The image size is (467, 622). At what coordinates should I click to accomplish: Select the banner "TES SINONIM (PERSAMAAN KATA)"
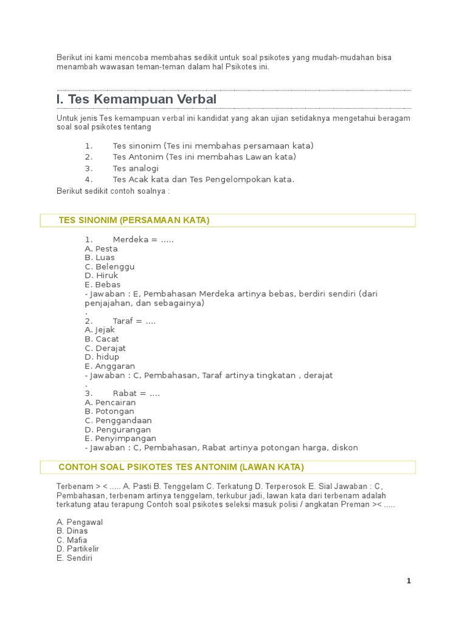coord(134,220)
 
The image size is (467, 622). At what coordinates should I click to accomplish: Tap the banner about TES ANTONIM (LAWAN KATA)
coord(181,467)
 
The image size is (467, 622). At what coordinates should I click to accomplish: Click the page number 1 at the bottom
coord(409,581)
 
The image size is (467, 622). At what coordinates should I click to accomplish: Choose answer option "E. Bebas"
coord(103,284)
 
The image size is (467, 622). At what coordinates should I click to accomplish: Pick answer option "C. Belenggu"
coord(109,267)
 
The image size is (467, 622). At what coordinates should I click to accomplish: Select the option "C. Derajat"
coord(106,348)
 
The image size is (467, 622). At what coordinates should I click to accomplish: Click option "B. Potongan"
coord(109,411)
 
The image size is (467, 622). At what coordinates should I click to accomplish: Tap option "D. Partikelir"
coord(78,549)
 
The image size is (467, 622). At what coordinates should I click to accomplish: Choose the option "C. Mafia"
coord(72,540)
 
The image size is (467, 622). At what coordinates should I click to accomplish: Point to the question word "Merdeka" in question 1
coord(131,239)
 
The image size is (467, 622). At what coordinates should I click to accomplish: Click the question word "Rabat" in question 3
coord(125,394)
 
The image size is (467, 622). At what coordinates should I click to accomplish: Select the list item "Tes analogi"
coord(135,168)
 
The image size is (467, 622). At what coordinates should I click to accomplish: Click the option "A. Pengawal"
coord(80,522)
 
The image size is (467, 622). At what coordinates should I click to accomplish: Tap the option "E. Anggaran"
coord(110,366)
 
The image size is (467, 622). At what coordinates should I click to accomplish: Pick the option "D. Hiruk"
coord(102,275)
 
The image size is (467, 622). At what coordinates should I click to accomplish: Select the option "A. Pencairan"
coord(110,402)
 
